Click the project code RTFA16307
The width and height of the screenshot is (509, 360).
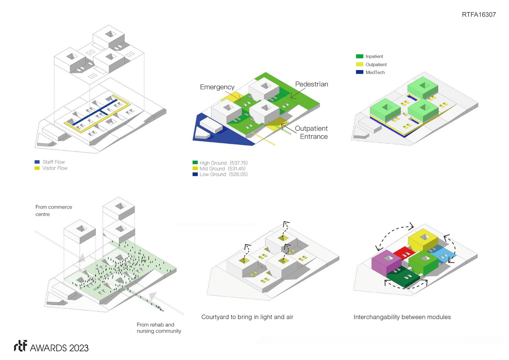pos(479,14)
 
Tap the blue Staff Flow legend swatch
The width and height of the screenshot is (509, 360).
pos(37,162)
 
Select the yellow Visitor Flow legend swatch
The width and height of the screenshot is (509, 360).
pos(37,168)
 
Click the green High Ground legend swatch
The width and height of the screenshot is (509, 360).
pos(195,163)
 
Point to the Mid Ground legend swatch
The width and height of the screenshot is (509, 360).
pos(195,169)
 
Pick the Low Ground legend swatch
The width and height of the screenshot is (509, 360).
pos(195,174)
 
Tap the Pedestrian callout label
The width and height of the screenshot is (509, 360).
pos(312,84)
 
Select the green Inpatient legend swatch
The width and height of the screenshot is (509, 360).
pos(360,57)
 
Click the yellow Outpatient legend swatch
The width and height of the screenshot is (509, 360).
pos(360,64)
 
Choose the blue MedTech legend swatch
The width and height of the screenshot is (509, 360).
pos(360,72)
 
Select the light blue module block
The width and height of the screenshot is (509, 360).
pos(445,254)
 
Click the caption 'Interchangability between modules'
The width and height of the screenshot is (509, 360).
pos(402,317)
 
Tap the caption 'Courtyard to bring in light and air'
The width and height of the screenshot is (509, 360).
pos(248,317)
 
